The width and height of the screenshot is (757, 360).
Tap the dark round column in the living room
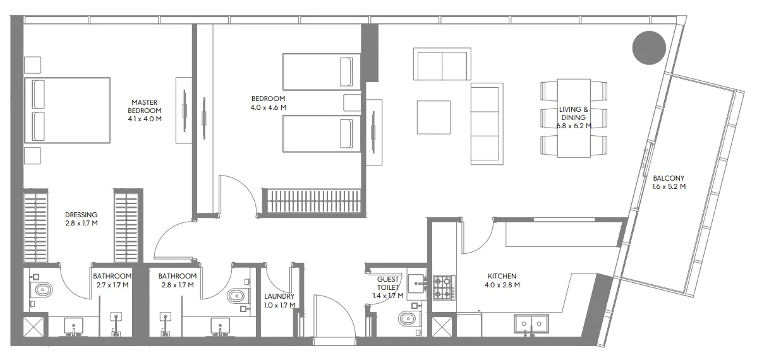pos(649,48)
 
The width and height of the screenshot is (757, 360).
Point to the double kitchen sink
pos(531,323)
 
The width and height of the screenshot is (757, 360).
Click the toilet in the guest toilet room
pos(408,318)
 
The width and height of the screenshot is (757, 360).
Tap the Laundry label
pos(279,296)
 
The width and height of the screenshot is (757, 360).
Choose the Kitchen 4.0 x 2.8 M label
pos(502,280)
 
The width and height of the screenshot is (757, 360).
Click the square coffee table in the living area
pos(433,117)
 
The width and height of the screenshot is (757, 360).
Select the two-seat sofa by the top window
pos(442,64)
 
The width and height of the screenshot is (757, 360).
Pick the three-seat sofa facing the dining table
pos(487,123)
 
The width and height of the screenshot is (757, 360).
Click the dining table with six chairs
pos(574,117)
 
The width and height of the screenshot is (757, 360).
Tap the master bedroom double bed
pos(68,111)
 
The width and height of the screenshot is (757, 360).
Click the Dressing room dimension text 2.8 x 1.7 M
pos(81,223)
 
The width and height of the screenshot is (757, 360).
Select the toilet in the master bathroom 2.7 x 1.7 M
pos(42,291)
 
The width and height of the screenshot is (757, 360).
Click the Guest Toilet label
pos(388,283)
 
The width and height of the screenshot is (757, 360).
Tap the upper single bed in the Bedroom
pos(321,71)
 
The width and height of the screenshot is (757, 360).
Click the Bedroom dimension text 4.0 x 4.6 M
pos(268,107)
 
